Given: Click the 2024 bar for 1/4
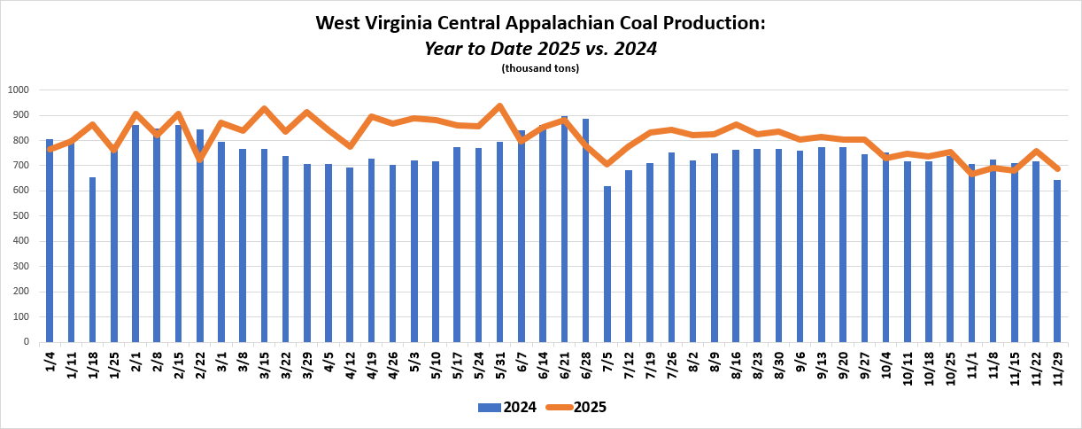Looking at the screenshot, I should coord(50,240).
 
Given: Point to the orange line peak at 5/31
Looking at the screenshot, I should coord(500,106).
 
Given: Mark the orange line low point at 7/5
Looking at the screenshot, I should coord(607,164).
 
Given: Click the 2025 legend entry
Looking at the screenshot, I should coord(576,408).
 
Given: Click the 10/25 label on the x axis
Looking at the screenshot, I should coord(950,366).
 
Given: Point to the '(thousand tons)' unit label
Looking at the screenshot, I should coord(540,68).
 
